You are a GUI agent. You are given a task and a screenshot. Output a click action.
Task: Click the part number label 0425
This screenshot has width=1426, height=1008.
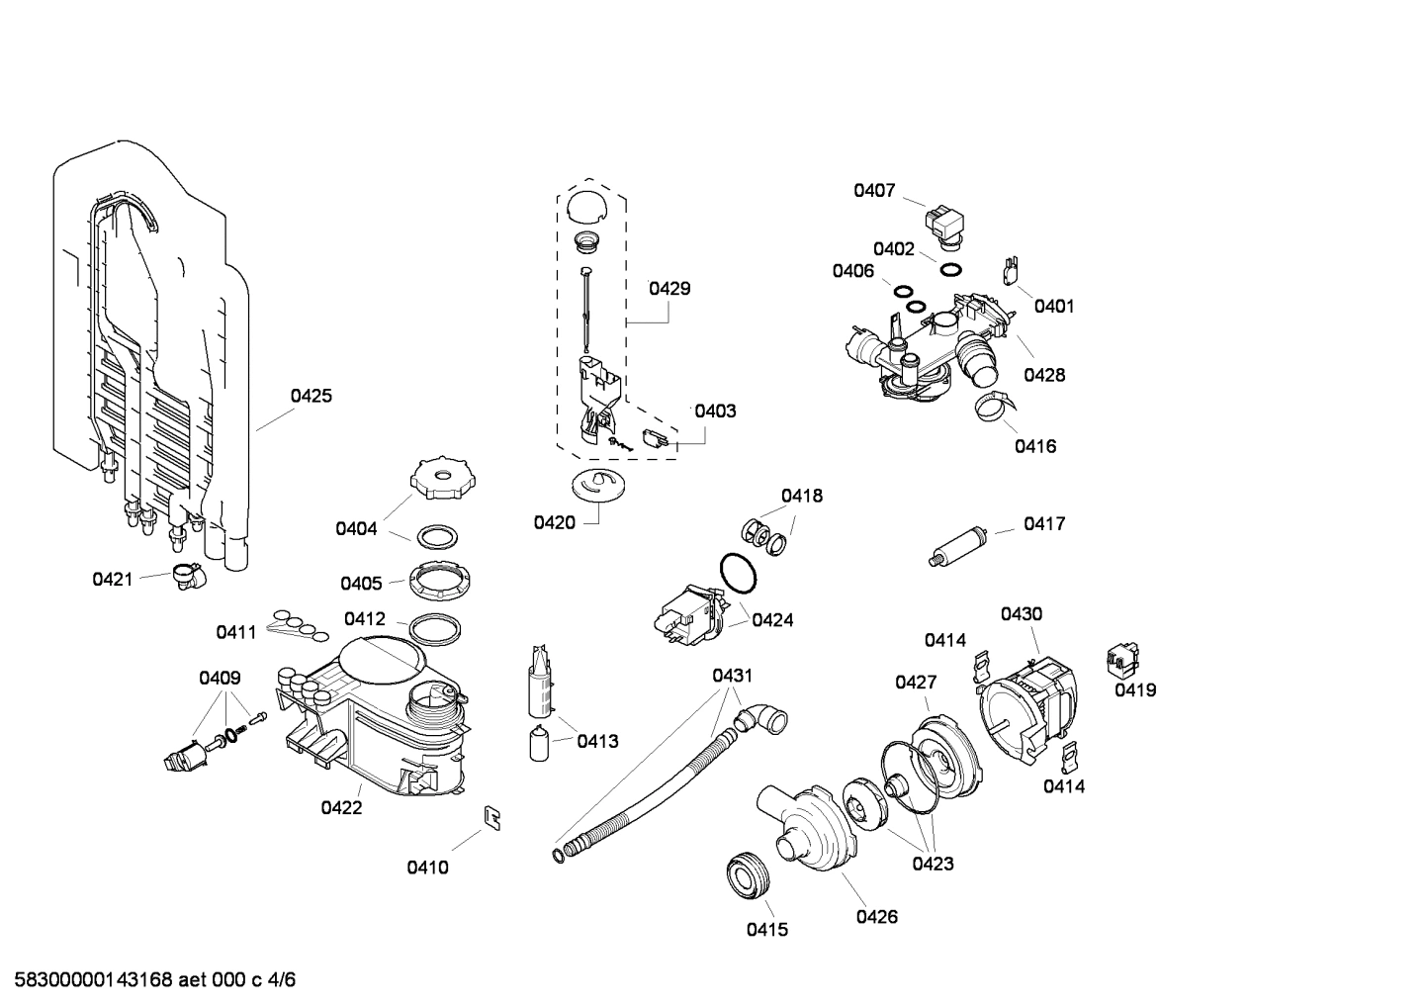(x=311, y=397)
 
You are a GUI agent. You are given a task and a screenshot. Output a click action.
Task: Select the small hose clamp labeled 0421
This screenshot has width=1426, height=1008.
(x=185, y=575)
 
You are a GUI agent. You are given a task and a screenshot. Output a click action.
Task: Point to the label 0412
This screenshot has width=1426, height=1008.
(x=365, y=619)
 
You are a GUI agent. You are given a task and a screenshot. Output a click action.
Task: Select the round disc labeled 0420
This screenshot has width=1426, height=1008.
(x=599, y=486)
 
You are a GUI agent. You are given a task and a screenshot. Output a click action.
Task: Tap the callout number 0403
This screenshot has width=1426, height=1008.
(x=714, y=411)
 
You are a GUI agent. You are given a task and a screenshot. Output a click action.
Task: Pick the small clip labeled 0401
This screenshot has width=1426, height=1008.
(x=1011, y=269)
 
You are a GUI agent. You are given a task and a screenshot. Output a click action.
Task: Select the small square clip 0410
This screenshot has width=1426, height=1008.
(x=491, y=816)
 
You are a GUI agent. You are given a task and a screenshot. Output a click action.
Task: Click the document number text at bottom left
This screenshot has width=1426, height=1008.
(x=148, y=980)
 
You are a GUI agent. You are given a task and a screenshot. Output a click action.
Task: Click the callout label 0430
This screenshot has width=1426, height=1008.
(x=1021, y=614)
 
